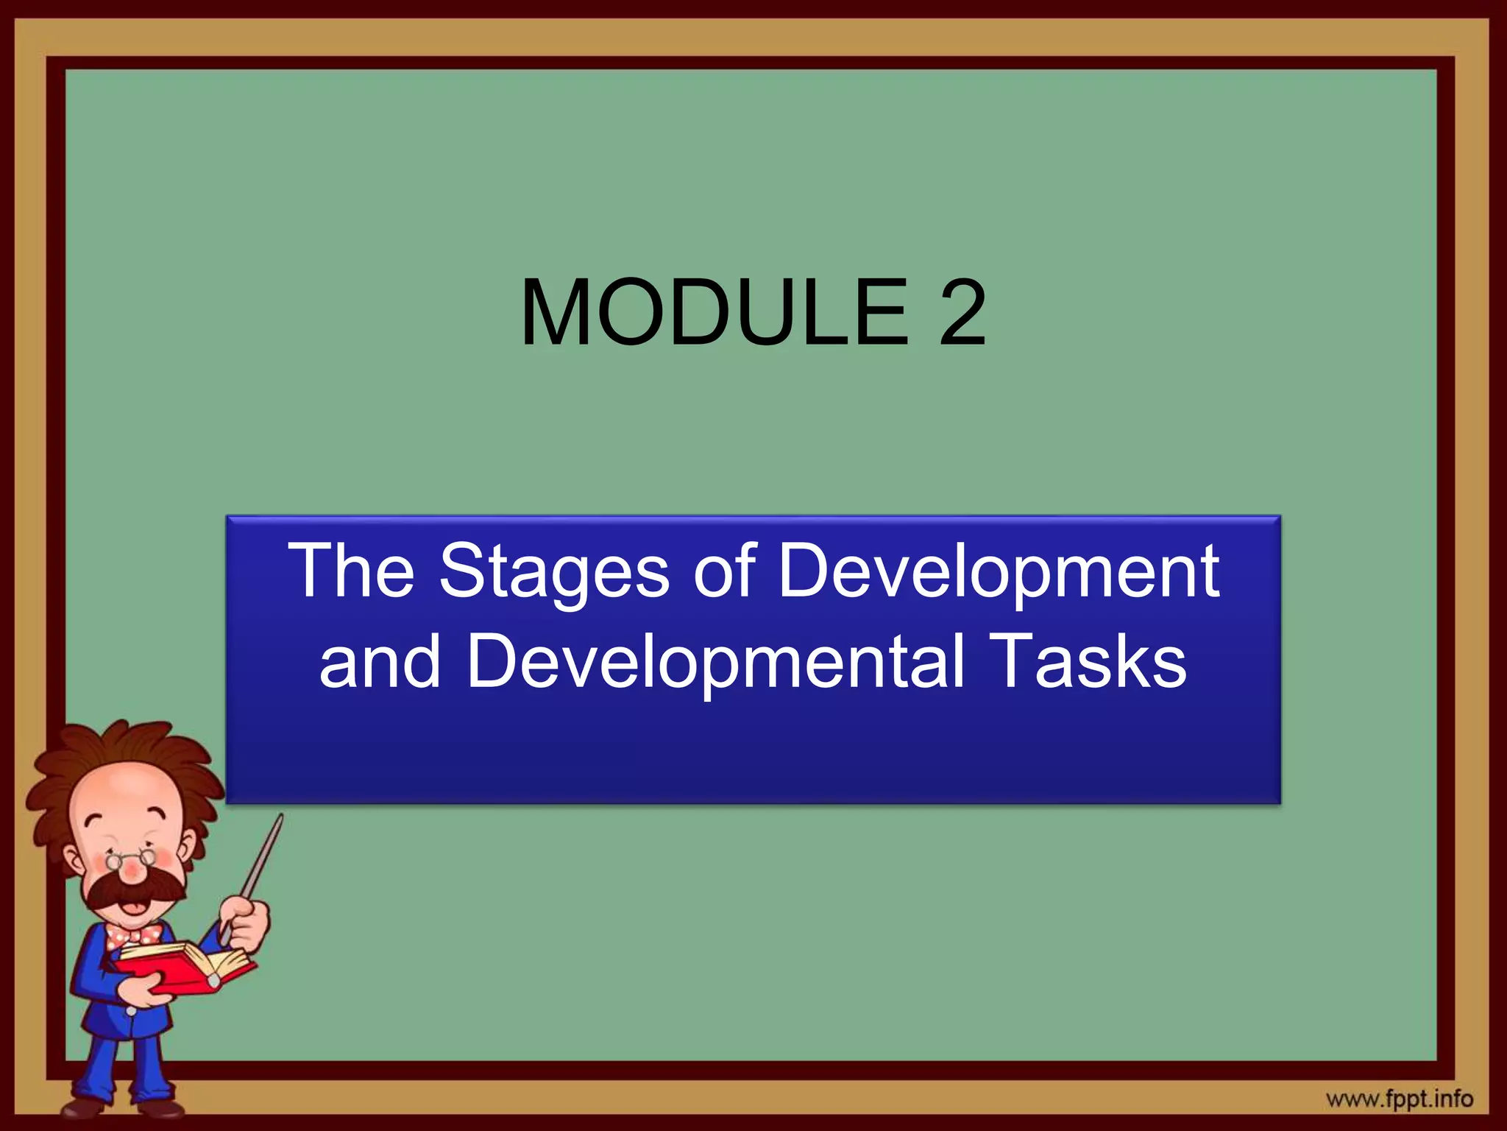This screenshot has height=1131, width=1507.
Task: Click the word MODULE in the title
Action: [x=714, y=313]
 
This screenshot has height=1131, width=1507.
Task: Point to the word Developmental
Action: [x=715, y=660]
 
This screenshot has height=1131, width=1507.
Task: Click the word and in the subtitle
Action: [x=380, y=660]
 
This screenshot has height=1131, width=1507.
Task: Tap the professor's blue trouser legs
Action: [x=125, y=1060]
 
